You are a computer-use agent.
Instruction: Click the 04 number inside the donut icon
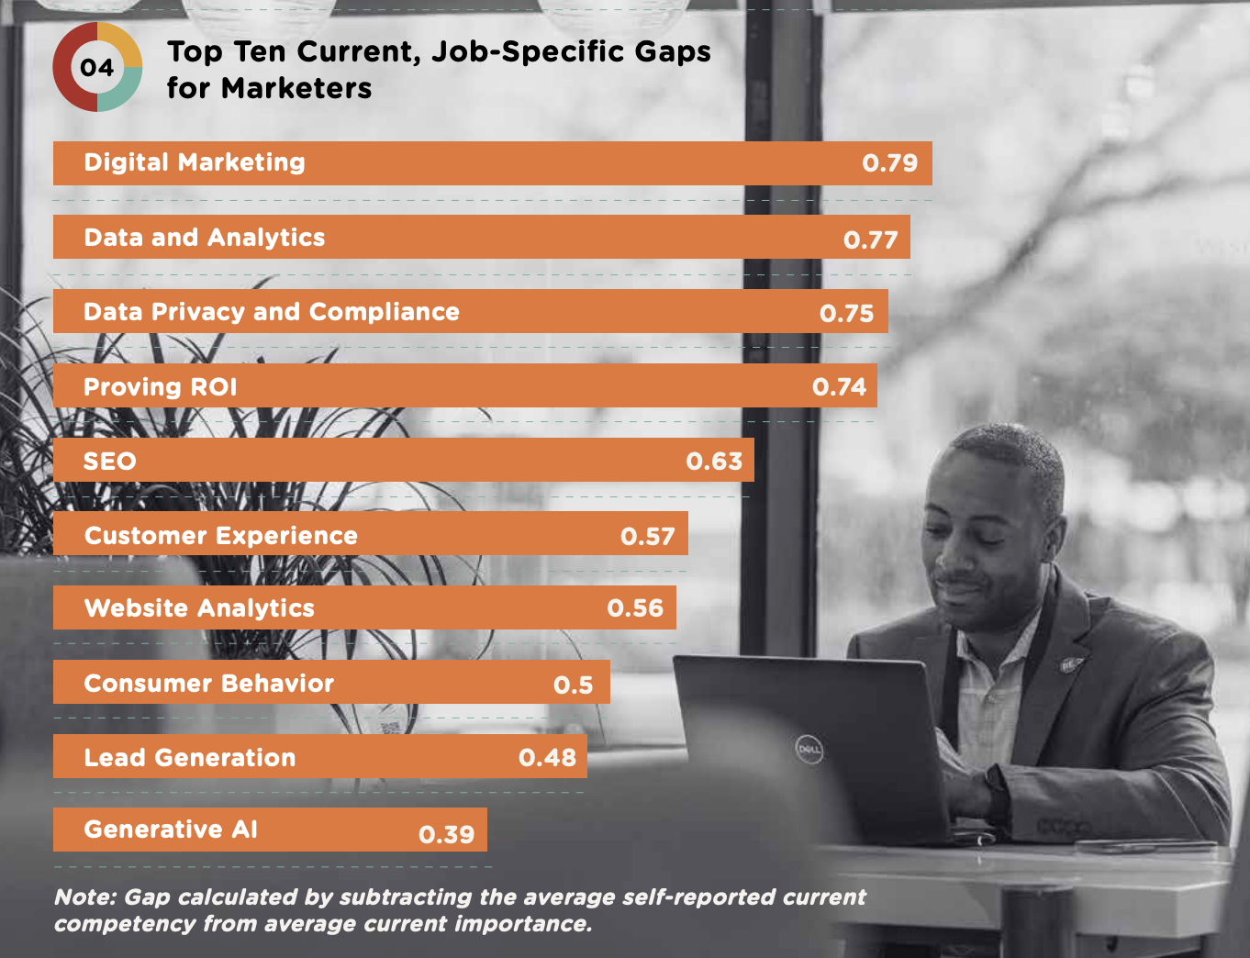[97, 68]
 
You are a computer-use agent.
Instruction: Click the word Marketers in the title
[296, 89]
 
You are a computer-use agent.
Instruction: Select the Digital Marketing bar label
[195, 162]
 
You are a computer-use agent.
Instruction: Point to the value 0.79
[889, 163]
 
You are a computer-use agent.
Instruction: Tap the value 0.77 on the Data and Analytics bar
[870, 240]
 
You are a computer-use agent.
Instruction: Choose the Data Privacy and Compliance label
[272, 312]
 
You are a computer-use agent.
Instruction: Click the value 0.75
[846, 314]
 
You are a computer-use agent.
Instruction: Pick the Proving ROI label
[161, 387]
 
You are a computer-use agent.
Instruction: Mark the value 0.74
[839, 387]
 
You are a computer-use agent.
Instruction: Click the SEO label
[110, 462]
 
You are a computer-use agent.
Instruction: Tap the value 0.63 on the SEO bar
[714, 462]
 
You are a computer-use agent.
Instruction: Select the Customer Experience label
[221, 536]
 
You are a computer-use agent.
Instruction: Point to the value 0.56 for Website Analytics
[635, 608]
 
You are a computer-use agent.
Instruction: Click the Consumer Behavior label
[209, 684]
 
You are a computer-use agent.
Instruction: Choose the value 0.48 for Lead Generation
[547, 758]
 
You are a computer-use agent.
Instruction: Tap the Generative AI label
[171, 830]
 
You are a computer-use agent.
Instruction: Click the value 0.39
[446, 835]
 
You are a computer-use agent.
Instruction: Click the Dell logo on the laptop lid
[809, 751]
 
